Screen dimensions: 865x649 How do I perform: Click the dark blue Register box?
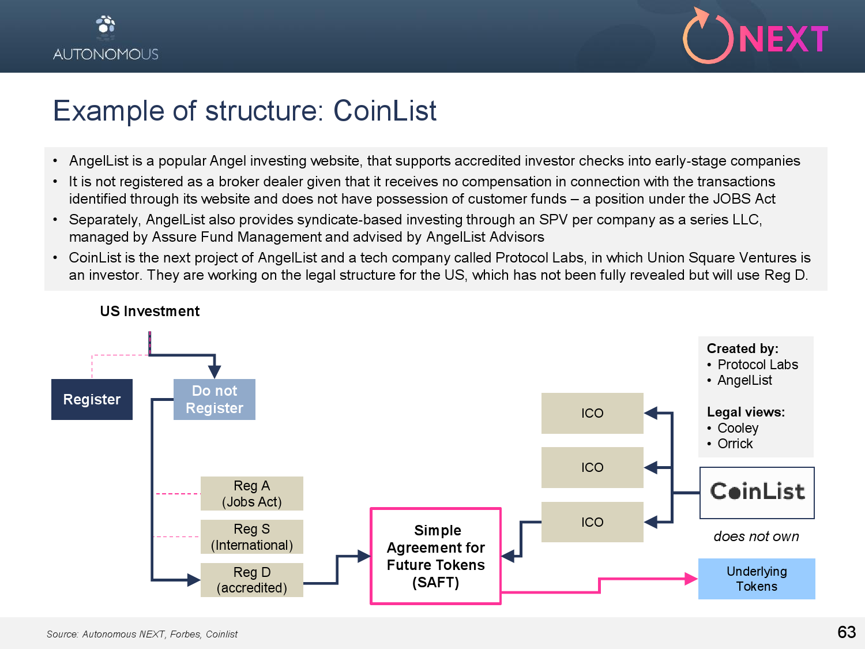pyautogui.click(x=92, y=399)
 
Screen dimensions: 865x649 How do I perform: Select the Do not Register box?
pyautogui.click(x=215, y=399)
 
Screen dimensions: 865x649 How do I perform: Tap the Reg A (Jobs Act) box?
pyautogui.click(x=252, y=493)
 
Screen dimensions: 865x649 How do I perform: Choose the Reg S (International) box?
pyautogui.click(x=252, y=537)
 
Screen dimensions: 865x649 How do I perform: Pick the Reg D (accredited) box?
pyautogui.click(x=252, y=580)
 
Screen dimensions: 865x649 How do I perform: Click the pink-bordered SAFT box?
pyautogui.click(x=435, y=556)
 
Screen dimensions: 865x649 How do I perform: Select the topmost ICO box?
pyautogui.click(x=592, y=413)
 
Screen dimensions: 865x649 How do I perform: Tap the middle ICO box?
pyautogui.click(x=592, y=467)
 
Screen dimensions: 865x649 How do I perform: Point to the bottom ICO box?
pyautogui.click(x=592, y=522)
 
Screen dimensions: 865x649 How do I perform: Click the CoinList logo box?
pyautogui.click(x=757, y=493)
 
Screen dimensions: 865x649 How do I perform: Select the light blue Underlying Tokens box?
pyautogui.click(x=757, y=579)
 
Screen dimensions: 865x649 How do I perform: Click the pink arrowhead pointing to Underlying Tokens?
pyautogui.click(x=691, y=579)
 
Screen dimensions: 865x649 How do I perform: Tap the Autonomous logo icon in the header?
pyautogui.click(x=106, y=28)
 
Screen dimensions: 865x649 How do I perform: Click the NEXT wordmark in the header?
pyautogui.click(x=784, y=39)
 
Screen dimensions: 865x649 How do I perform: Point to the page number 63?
pyautogui.click(x=847, y=632)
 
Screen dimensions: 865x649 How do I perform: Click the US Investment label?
pyautogui.click(x=150, y=312)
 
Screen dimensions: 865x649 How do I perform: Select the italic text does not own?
pyautogui.click(x=756, y=537)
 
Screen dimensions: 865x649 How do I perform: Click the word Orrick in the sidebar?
pyautogui.click(x=735, y=444)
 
